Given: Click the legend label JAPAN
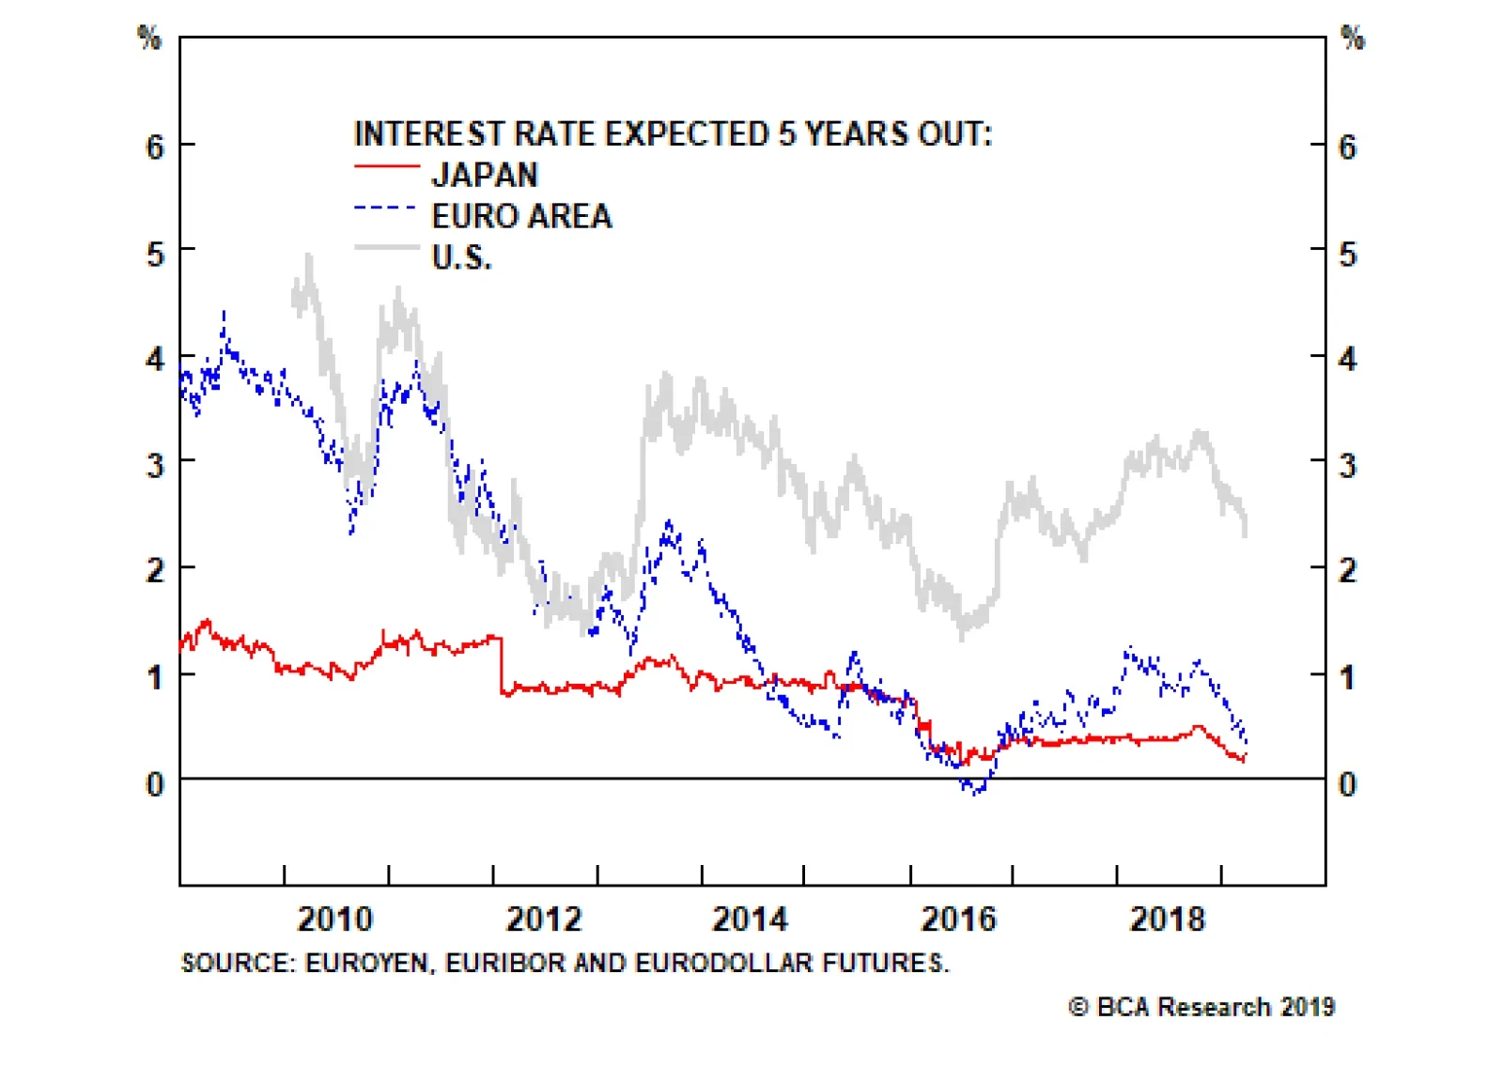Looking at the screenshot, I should tap(484, 176).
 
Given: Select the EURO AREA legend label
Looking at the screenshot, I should tap(521, 217).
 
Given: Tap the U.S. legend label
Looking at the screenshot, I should tap(461, 257).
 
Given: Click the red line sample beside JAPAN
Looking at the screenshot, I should tap(386, 167).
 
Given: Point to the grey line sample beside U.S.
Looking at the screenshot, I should tap(386, 248).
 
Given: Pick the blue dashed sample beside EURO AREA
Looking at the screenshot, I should tap(386, 209).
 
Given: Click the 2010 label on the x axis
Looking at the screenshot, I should tap(335, 919).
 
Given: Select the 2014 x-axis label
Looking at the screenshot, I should tap(750, 919).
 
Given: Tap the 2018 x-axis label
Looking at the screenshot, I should tap(1167, 919).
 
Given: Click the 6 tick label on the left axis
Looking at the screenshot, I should tap(155, 147).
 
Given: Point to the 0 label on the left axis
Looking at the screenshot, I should tap(155, 784).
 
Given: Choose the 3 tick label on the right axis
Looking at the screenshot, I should tap(1347, 466).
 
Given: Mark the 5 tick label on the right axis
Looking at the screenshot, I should tap(1347, 255).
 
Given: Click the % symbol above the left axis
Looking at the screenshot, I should tap(149, 39).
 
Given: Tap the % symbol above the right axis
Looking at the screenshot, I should tap(1353, 39).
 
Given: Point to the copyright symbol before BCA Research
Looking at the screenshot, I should tap(1079, 1007).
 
